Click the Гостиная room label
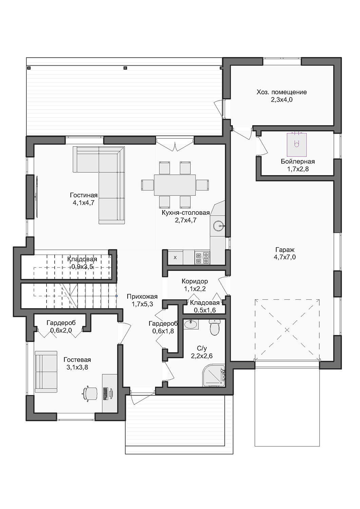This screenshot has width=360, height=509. click(83, 195)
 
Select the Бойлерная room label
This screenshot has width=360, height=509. click(298, 162)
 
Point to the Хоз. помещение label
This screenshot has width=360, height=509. click(282, 92)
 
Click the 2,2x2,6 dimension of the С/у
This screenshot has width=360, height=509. click(202, 356)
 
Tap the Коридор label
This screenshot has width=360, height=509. click(194, 281)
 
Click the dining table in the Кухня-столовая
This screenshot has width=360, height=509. click(175, 185)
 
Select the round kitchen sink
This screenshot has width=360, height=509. click(219, 226)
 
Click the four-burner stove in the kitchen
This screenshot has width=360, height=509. click(202, 258)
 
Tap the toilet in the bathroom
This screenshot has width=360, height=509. click(215, 327)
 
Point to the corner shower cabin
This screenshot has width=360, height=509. click(214, 375)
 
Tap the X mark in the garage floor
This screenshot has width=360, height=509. click(287, 330)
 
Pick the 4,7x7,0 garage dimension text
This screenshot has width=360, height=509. click(285, 257)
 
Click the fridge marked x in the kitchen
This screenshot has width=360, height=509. click(175, 258)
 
